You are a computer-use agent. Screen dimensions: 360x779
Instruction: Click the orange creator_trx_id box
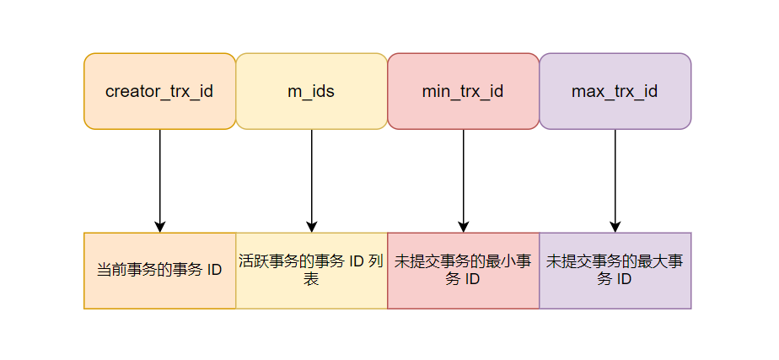(x=159, y=91)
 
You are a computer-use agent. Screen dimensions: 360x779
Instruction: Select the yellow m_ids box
(x=311, y=91)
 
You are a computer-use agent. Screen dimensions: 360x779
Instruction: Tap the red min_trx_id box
(x=463, y=91)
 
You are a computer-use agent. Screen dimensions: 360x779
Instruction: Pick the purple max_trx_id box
(x=615, y=91)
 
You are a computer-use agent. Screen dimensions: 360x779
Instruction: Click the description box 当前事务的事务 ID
(x=159, y=271)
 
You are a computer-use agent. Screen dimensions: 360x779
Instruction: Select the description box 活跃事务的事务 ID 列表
(x=311, y=271)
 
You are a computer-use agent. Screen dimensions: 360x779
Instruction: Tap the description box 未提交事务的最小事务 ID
(x=463, y=271)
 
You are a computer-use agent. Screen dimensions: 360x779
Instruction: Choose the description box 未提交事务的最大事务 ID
(x=615, y=271)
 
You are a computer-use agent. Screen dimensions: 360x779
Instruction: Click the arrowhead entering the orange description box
(x=159, y=226)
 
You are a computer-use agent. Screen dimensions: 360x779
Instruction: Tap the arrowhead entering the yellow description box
(x=311, y=226)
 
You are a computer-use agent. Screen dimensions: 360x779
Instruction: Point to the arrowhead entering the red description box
(x=463, y=226)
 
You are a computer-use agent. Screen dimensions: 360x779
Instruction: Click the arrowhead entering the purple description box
(x=615, y=226)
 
